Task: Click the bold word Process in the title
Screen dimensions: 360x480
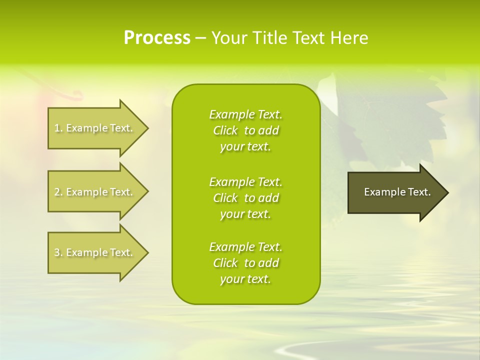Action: coord(157,37)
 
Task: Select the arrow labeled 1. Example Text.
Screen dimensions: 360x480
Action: coord(95,128)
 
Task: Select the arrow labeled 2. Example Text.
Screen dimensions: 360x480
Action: coord(95,192)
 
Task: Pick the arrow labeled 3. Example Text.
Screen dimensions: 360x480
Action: coord(95,252)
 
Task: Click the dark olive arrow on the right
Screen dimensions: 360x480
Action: coord(395,192)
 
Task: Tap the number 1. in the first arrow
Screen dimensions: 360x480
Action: coord(58,128)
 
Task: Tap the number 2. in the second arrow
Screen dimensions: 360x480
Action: coord(58,192)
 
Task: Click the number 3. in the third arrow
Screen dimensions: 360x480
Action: coord(58,252)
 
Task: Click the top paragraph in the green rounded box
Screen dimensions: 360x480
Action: coord(245,130)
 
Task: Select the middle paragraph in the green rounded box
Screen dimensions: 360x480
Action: coord(245,198)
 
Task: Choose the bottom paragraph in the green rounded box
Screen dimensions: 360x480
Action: coord(245,263)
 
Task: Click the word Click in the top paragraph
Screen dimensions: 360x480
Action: coord(225,130)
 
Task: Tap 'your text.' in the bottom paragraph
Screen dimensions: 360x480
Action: coord(245,279)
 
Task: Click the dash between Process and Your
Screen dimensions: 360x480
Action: coord(200,38)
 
